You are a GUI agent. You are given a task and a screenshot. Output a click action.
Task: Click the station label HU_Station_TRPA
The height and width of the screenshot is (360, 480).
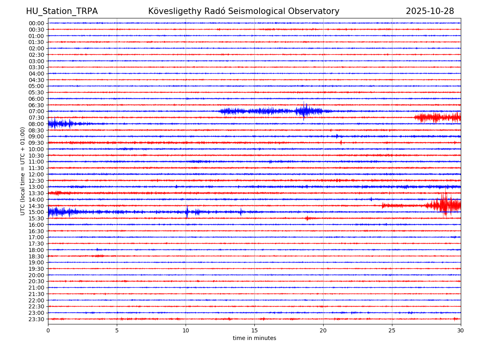click(x=62, y=11)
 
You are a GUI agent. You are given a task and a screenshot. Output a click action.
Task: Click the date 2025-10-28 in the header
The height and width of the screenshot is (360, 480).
click(x=430, y=11)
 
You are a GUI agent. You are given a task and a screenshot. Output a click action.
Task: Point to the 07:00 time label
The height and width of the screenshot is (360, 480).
click(x=36, y=111)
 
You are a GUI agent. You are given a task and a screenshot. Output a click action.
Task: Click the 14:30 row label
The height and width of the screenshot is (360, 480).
click(x=36, y=206)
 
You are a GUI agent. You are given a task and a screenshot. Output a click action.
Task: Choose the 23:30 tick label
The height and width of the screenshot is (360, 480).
click(x=36, y=319)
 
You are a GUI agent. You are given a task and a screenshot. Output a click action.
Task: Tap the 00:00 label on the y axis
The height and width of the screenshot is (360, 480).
click(x=36, y=23)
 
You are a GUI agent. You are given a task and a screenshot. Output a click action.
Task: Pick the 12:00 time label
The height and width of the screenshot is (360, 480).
click(x=36, y=174)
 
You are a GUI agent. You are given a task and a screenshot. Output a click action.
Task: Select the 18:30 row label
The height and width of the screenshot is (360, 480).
click(x=36, y=256)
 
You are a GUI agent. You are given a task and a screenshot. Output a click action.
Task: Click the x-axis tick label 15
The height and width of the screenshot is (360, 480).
click(x=254, y=331)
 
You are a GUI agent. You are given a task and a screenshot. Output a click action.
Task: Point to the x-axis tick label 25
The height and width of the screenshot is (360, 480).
click(x=392, y=331)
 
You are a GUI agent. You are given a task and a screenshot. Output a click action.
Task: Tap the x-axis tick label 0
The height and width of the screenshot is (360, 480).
click(x=48, y=331)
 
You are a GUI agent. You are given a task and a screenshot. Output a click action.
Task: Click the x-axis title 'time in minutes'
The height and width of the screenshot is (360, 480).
click(x=254, y=338)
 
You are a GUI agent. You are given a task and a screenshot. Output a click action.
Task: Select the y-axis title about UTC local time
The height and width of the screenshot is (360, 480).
click(x=23, y=171)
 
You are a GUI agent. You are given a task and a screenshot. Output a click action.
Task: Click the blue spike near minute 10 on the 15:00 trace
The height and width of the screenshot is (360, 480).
click(x=187, y=212)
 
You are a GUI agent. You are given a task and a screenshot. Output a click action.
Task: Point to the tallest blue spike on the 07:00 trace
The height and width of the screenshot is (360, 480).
click(x=304, y=111)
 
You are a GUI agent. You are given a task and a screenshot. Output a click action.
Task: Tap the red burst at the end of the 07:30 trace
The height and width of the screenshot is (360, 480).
click(x=438, y=117)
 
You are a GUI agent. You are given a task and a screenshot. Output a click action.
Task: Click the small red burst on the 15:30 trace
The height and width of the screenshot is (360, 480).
click(x=307, y=218)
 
